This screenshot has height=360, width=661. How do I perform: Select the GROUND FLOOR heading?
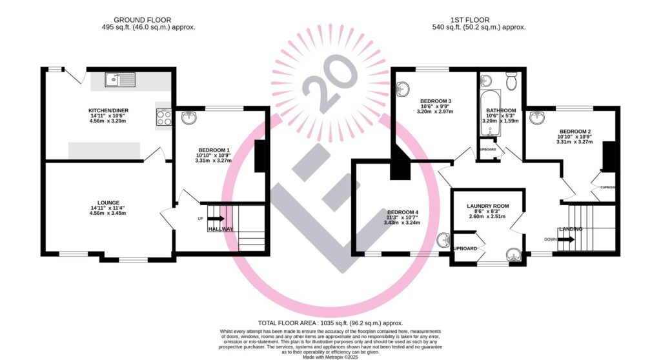pyautogui.click(x=142, y=20)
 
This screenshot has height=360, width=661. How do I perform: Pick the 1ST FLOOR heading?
pyautogui.click(x=470, y=20)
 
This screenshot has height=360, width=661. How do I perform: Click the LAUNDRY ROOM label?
pyautogui.click(x=487, y=206)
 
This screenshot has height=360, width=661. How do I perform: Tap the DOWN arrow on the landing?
pyautogui.click(x=565, y=239)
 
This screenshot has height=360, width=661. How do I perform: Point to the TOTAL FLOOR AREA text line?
pyautogui.click(x=330, y=323)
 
